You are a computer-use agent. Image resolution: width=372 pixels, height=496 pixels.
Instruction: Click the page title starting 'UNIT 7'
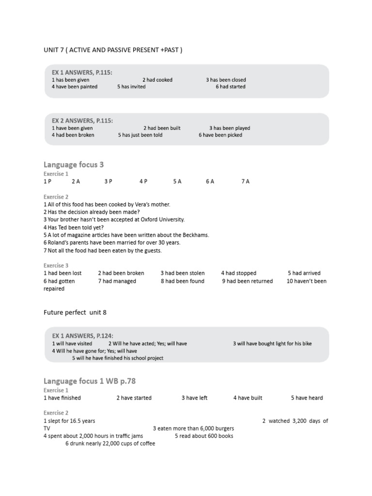tap(113, 50)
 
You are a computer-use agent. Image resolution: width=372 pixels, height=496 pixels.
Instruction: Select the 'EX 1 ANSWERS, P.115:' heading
tap(82, 72)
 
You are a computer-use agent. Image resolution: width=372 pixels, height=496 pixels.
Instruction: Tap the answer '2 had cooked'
tap(157, 80)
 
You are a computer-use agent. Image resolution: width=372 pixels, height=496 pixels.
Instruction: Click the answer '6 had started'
tap(231, 87)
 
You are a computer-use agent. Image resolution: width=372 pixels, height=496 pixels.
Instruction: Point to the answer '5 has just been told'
tap(140, 135)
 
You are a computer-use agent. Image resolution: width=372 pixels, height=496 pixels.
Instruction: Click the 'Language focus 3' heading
tap(74, 165)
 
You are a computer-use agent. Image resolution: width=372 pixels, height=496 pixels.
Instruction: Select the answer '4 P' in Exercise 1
tap(143, 181)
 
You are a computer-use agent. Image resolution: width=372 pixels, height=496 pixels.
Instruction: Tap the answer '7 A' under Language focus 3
tap(245, 181)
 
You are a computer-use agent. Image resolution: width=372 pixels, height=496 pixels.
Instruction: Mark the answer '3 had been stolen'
tap(183, 273)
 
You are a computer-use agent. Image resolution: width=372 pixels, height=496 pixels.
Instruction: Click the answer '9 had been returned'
tap(248, 281)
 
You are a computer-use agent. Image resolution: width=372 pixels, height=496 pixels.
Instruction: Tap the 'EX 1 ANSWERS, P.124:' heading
tap(83, 336)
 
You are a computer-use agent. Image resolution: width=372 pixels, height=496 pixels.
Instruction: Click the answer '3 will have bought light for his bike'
tap(272, 343)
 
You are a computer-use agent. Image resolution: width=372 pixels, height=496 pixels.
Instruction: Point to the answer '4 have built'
tap(248, 398)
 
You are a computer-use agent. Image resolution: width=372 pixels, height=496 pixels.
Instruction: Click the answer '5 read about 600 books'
tap(204, 435)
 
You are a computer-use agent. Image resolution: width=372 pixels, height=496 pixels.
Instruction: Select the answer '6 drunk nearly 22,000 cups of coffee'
tap(110, 443)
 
